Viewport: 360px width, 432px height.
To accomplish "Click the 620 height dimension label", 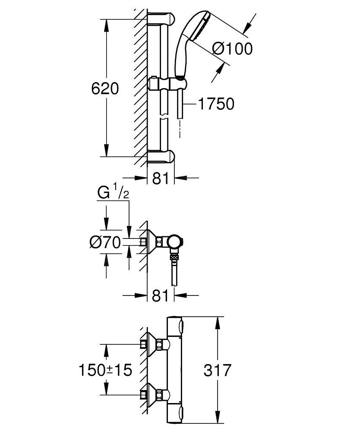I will pos(105,89).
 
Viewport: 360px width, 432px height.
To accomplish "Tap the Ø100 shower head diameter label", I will pos(232,48).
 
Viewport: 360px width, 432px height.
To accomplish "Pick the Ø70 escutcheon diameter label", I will pos(105,243).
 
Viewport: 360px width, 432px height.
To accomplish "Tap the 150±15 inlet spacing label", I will pos(105,370).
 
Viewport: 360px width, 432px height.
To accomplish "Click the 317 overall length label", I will pos(217,370).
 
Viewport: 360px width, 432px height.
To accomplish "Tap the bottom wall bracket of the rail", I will pos(162,156).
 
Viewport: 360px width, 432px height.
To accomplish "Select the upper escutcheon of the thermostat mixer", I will pos(151,344).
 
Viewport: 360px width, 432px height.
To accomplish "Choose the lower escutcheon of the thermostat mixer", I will pos(151,394).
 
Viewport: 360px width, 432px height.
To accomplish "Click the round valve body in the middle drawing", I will pos(176,242).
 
